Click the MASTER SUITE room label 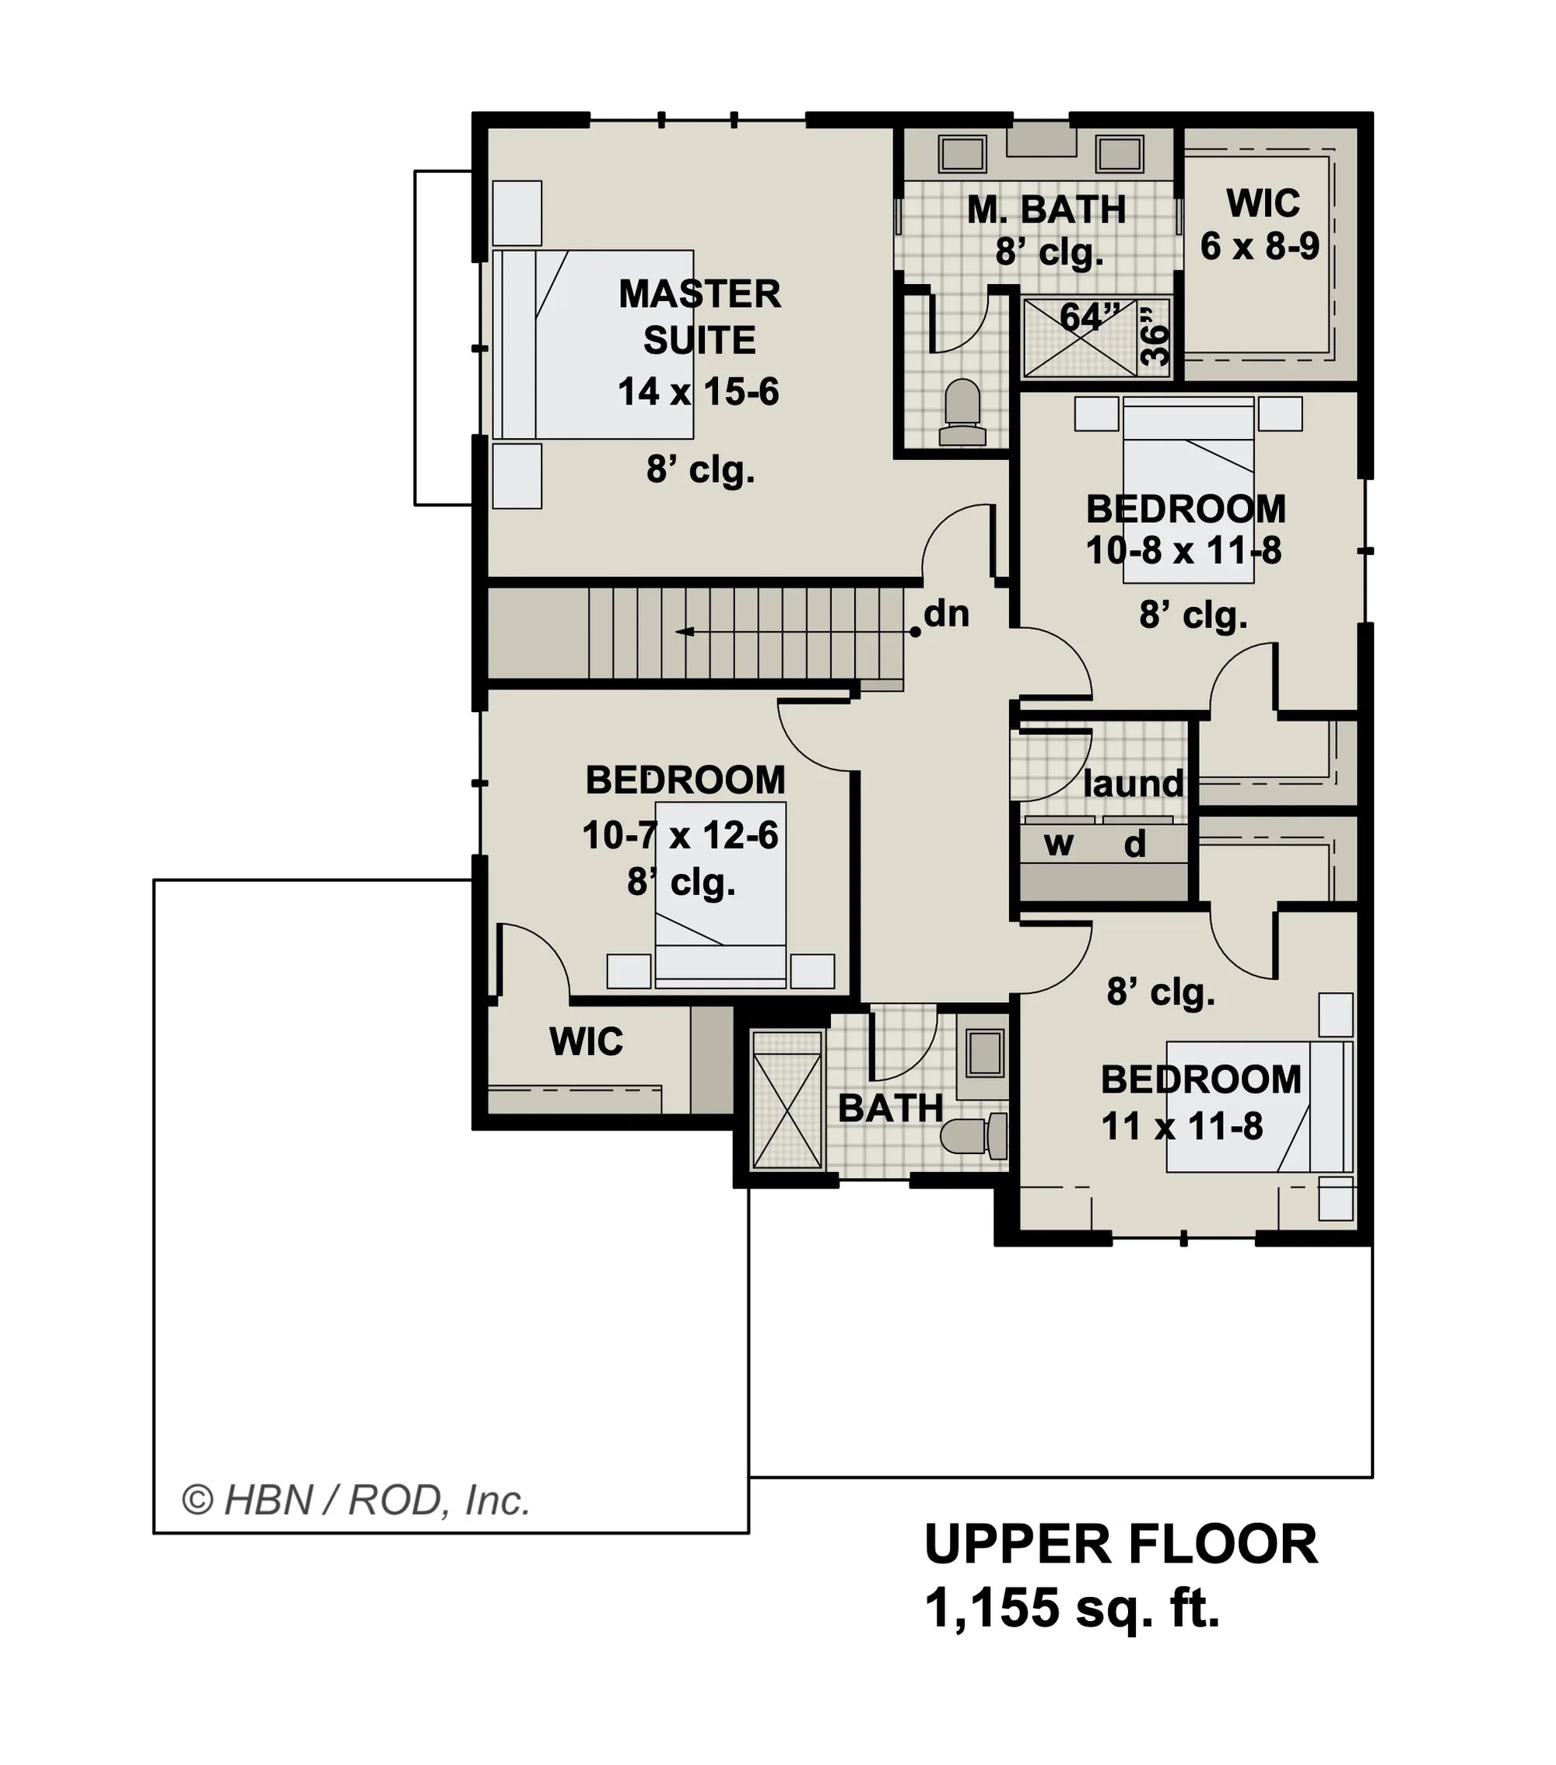pyautogui.click(x=699, y=317)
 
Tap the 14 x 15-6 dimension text pyautogui.click(x=698, y=392)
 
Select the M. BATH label pyautogui.click(x=1046, y=210)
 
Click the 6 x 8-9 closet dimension pyautogui.click(x=1260, y=247)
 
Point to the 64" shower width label pyautogui.click(x=1090, y=317)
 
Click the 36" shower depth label pyautogui.click(x=1155, y=336)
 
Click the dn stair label pyautogui.click(x=946, y=614)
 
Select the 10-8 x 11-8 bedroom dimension pyautogui.click(x=1184, y=551)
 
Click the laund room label pyautogui.click(x=1133, y=784)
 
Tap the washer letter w pyautogui.click(x=1059, y=844)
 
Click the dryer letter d pyautogui.click(x=1134, y=844)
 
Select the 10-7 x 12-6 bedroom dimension pyautogui.click(x=681, y=835)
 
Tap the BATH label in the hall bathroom pyautogui.click(x=890, y=1109)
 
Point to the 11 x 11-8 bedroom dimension pyautogui.click(x=1182, y=1127)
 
